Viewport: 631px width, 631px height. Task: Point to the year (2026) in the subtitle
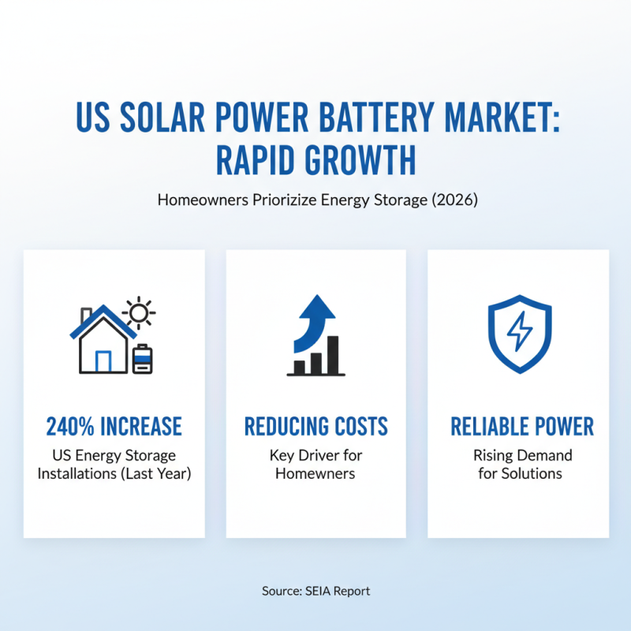(455, 200)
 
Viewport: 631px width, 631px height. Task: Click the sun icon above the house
(140, 313)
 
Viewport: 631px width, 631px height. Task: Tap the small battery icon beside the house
(143, 358)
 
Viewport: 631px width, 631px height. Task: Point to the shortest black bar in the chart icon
(300, 367)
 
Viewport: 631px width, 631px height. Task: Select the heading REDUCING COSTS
(315, 427)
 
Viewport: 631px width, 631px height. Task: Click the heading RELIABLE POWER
(521, 427)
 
